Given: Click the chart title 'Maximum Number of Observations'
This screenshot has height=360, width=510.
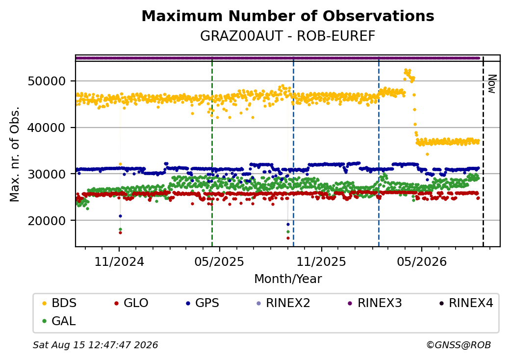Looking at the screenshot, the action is click(288, 16).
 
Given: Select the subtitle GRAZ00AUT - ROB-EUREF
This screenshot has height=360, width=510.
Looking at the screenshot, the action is click(288, 36).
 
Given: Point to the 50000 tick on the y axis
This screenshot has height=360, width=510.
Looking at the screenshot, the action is click(47, 81).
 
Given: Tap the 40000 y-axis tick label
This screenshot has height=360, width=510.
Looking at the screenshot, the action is click(47, 128).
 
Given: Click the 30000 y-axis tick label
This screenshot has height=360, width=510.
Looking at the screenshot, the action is click(47, 174).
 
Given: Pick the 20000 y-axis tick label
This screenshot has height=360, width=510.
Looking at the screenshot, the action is click(47, 221).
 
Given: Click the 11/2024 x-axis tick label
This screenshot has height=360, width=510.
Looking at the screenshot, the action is click(119, 261).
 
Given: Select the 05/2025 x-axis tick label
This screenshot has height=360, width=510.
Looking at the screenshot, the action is click(220, 261).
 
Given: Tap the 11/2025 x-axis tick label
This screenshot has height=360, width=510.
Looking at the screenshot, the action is click(321, 261).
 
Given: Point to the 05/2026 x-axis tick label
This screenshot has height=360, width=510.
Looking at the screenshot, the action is click(422, 261).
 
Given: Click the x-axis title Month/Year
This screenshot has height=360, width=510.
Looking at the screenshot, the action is click(288, 279).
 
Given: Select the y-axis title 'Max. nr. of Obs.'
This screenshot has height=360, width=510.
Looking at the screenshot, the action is click(15, 154).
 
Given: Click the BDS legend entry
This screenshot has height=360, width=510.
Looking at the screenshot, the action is click(59, 303).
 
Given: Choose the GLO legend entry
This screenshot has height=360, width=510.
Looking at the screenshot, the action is click(131, 303).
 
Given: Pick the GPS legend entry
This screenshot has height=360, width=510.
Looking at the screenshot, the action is click(203, 303).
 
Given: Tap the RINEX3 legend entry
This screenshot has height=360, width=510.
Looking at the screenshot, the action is click(375, 303).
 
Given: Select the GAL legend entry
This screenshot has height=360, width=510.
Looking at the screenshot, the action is click(59, 321).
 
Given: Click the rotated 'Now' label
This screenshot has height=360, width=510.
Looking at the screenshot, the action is click(492, 84).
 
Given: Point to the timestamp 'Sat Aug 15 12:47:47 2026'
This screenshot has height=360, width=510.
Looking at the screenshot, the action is click(96, 345).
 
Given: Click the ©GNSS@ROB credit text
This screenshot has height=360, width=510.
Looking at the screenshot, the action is click(459, 345).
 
